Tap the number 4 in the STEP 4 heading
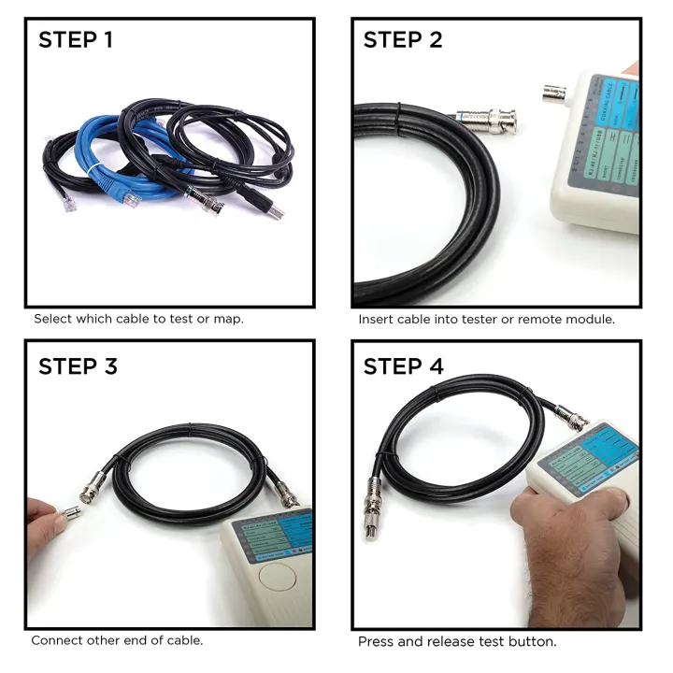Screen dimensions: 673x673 [x=436, y=366]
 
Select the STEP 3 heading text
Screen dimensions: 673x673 [x=78, y=366]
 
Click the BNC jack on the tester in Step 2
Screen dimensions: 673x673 [x=552, y=93]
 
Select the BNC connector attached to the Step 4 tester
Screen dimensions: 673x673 [x=571, y=419]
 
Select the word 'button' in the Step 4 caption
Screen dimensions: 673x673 [x=533, y=642]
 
